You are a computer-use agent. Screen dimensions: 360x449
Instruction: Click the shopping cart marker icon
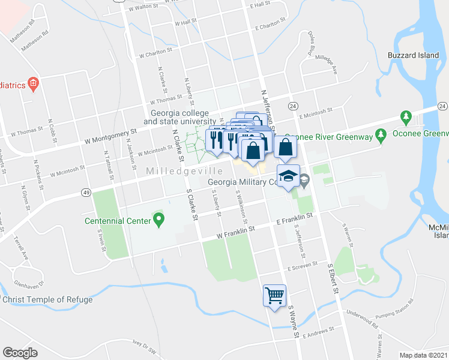click(274, 295)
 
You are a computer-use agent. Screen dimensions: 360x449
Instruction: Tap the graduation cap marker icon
click(289, 176)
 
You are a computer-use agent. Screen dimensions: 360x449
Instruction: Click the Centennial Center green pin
click(158, 220)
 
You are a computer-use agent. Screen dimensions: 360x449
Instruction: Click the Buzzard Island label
click(414, 55)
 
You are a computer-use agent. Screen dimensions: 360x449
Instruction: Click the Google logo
click(20, 353)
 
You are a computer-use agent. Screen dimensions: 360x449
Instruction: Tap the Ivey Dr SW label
click(145, 349)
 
